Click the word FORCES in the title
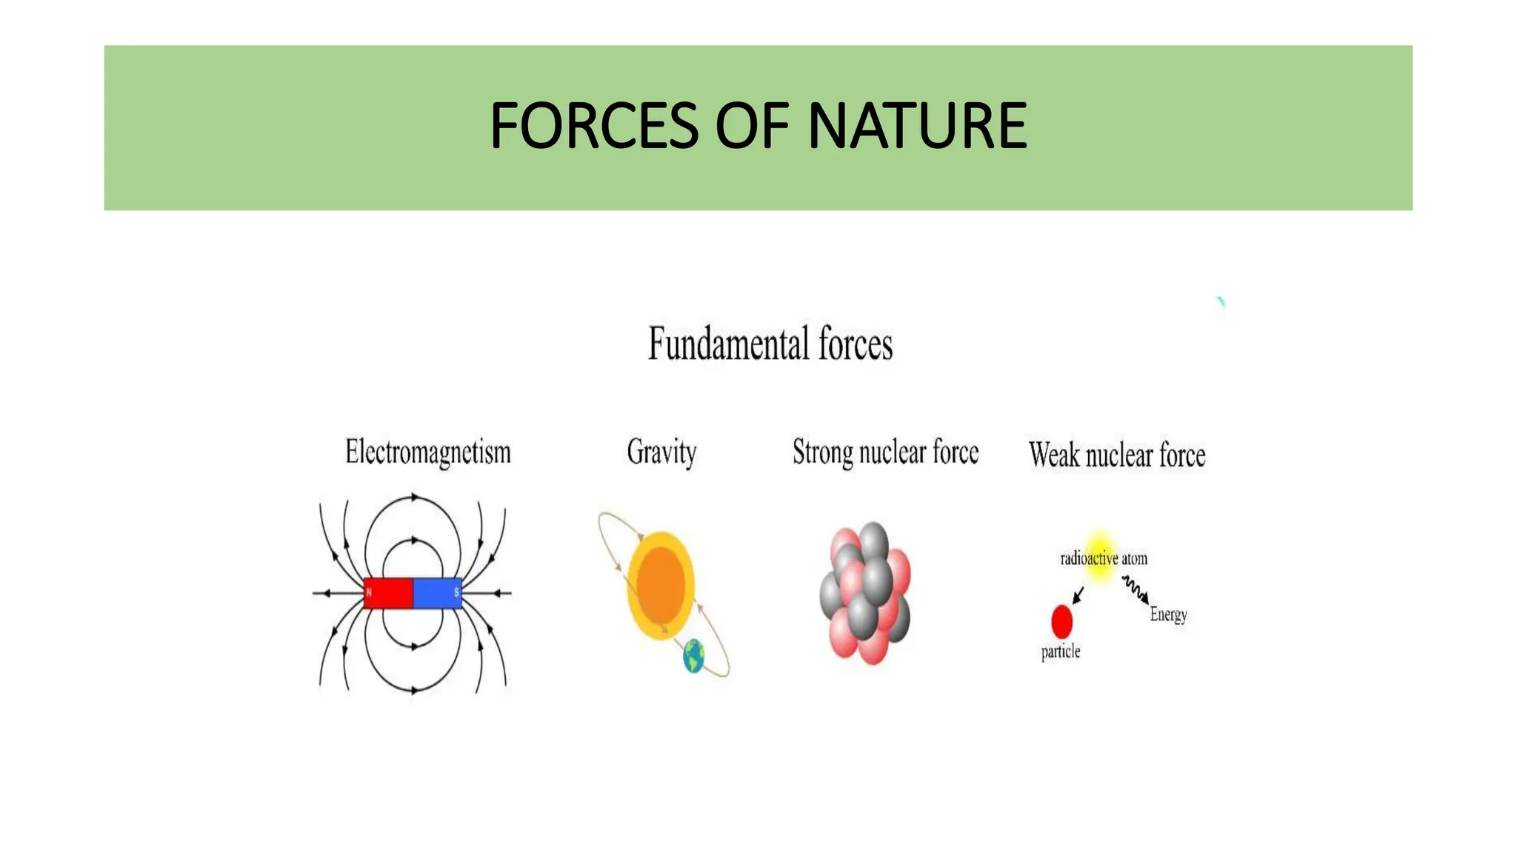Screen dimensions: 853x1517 [593, 126]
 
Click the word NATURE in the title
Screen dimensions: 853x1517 [916, 126]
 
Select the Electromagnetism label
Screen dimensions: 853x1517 [427, 452]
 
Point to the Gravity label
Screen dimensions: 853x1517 [661, 452]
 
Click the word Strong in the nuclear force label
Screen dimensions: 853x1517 [822, 452]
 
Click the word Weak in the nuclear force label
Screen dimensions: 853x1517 [1054, 455]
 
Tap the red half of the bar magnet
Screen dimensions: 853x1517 [388, 593]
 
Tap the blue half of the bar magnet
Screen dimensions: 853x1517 [436, 593]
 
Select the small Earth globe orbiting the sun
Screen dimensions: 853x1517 [693, 656]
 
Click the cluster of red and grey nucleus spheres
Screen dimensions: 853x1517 [865, 593]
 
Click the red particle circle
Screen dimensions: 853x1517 [1061, 621]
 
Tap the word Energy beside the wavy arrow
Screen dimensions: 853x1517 [1168, 615]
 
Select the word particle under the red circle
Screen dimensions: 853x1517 [1060, 652]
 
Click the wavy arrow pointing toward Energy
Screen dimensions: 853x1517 [1135, 590]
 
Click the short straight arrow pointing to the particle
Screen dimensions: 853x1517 [1078, 595]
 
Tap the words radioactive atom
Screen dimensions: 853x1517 [1103, 559]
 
